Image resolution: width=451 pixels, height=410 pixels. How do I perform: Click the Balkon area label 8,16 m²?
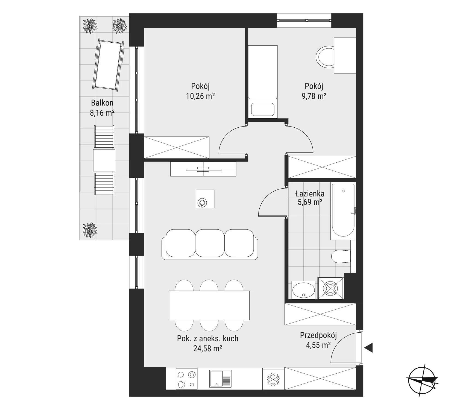(x=102, y=113)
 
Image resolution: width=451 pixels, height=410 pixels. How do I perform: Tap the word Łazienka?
(x=310, y=194)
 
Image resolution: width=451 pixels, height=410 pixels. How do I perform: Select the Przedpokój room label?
(x=318, y=335)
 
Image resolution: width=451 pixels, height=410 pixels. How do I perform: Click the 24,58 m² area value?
(x=207, y=348)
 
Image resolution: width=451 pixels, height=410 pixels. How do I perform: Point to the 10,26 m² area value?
(x=200, y=96)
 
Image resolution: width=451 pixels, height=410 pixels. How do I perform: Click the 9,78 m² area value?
(x=314, y=96)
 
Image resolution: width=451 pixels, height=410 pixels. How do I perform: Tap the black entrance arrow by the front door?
(x=368, y=348)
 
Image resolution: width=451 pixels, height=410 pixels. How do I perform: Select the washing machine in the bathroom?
(x=330, y=288)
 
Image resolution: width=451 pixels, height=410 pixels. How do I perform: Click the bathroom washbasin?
(x=303, y=290)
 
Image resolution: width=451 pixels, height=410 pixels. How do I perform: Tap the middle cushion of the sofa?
(x=210, y=243)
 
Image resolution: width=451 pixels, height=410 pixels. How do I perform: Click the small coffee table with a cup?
(x=205, y=199)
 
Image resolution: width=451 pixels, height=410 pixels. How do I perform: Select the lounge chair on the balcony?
(x=109, y=63)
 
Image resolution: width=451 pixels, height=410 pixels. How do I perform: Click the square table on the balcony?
(x=104, y=160)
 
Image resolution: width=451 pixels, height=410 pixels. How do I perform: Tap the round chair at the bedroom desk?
(x=325, y=57)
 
